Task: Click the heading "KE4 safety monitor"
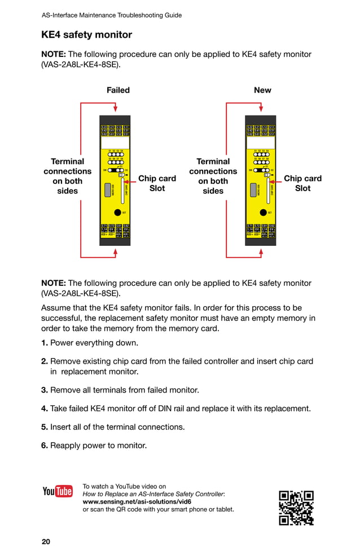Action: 86,35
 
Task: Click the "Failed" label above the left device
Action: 118,90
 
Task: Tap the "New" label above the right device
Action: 262,90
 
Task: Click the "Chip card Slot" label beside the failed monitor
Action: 157,183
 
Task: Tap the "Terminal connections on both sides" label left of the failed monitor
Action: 68,176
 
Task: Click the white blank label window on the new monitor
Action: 260,143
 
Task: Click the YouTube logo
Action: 58,491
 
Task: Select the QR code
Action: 296,508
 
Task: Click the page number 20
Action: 46,542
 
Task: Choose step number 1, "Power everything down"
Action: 90,343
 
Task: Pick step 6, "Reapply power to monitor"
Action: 94,445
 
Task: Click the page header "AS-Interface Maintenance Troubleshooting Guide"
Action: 112,15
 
